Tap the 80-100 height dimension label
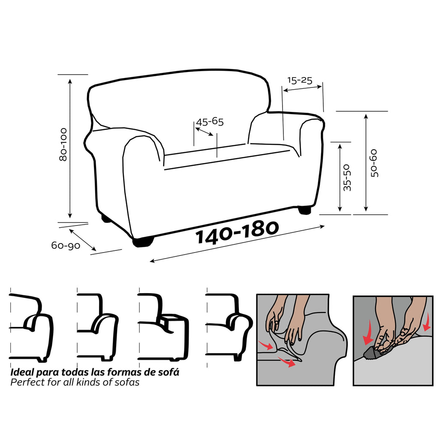63,144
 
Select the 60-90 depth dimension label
66,246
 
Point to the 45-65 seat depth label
210,122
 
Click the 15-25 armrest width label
300,80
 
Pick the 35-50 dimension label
347,177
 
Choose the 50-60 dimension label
374,163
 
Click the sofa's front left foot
143,241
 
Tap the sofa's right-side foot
304,210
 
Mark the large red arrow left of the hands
367,333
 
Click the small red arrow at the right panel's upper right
427,322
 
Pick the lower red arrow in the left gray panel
286,361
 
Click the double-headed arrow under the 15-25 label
302,88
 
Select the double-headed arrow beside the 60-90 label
83,240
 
